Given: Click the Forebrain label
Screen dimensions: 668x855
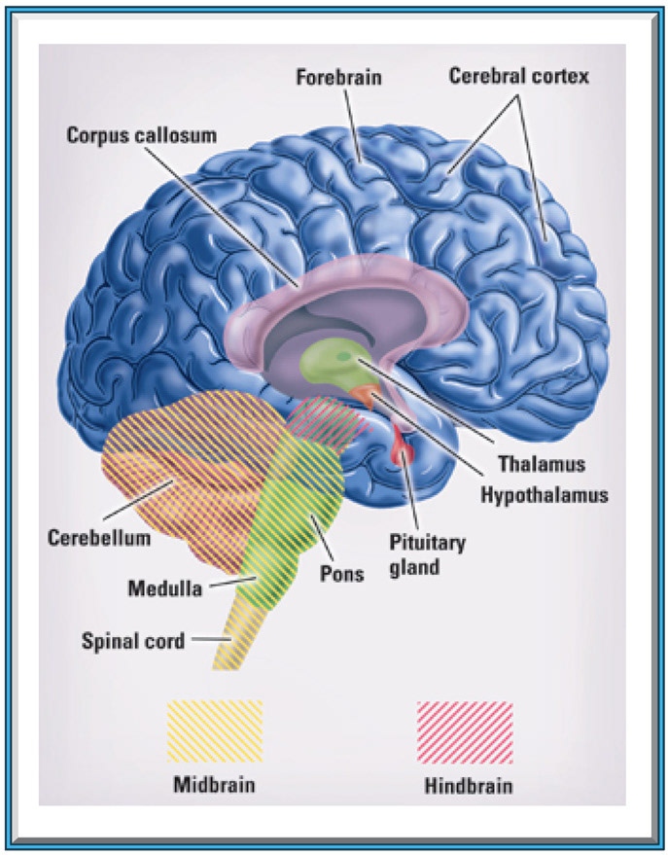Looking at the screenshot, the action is pyautogui.click(x=338, y=77).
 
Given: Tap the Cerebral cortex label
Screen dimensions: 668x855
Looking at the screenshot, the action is pyautogui.click(x=518, y=76).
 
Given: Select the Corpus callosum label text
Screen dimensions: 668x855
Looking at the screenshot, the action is pyautogui.click(x=142, y=135).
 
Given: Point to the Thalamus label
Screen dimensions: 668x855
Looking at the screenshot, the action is pyautogui.click(x=542, y=464).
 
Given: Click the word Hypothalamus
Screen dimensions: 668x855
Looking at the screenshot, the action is pyautogui.click(x=544, y=495).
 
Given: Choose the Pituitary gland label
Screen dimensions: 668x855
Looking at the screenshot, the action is pyautogui.click(x=427, y=554).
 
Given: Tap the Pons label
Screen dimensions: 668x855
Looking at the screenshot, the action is pyautogui.click(x=341, y=574).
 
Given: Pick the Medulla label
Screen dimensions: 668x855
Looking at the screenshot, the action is pyautogui.click(x=165, y=588).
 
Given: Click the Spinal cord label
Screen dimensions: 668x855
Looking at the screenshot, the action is pyautogui.click(x=133, y=641).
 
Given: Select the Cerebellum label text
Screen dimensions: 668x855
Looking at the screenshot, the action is pyautogui.click(x=99, y=538).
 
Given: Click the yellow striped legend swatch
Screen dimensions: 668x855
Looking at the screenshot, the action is pyautogui.click(x=215, y=731).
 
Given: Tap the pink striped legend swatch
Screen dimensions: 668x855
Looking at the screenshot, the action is pyautogui.click(x=465, y=732).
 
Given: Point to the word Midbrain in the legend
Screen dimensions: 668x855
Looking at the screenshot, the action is pyautogui.click(x=214, y=785).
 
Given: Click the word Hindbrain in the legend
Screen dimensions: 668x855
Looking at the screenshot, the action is pyautogui.click(x=469, y=786).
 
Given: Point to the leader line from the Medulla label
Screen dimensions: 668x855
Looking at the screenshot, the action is pyautogui.click(x=232, y=583).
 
